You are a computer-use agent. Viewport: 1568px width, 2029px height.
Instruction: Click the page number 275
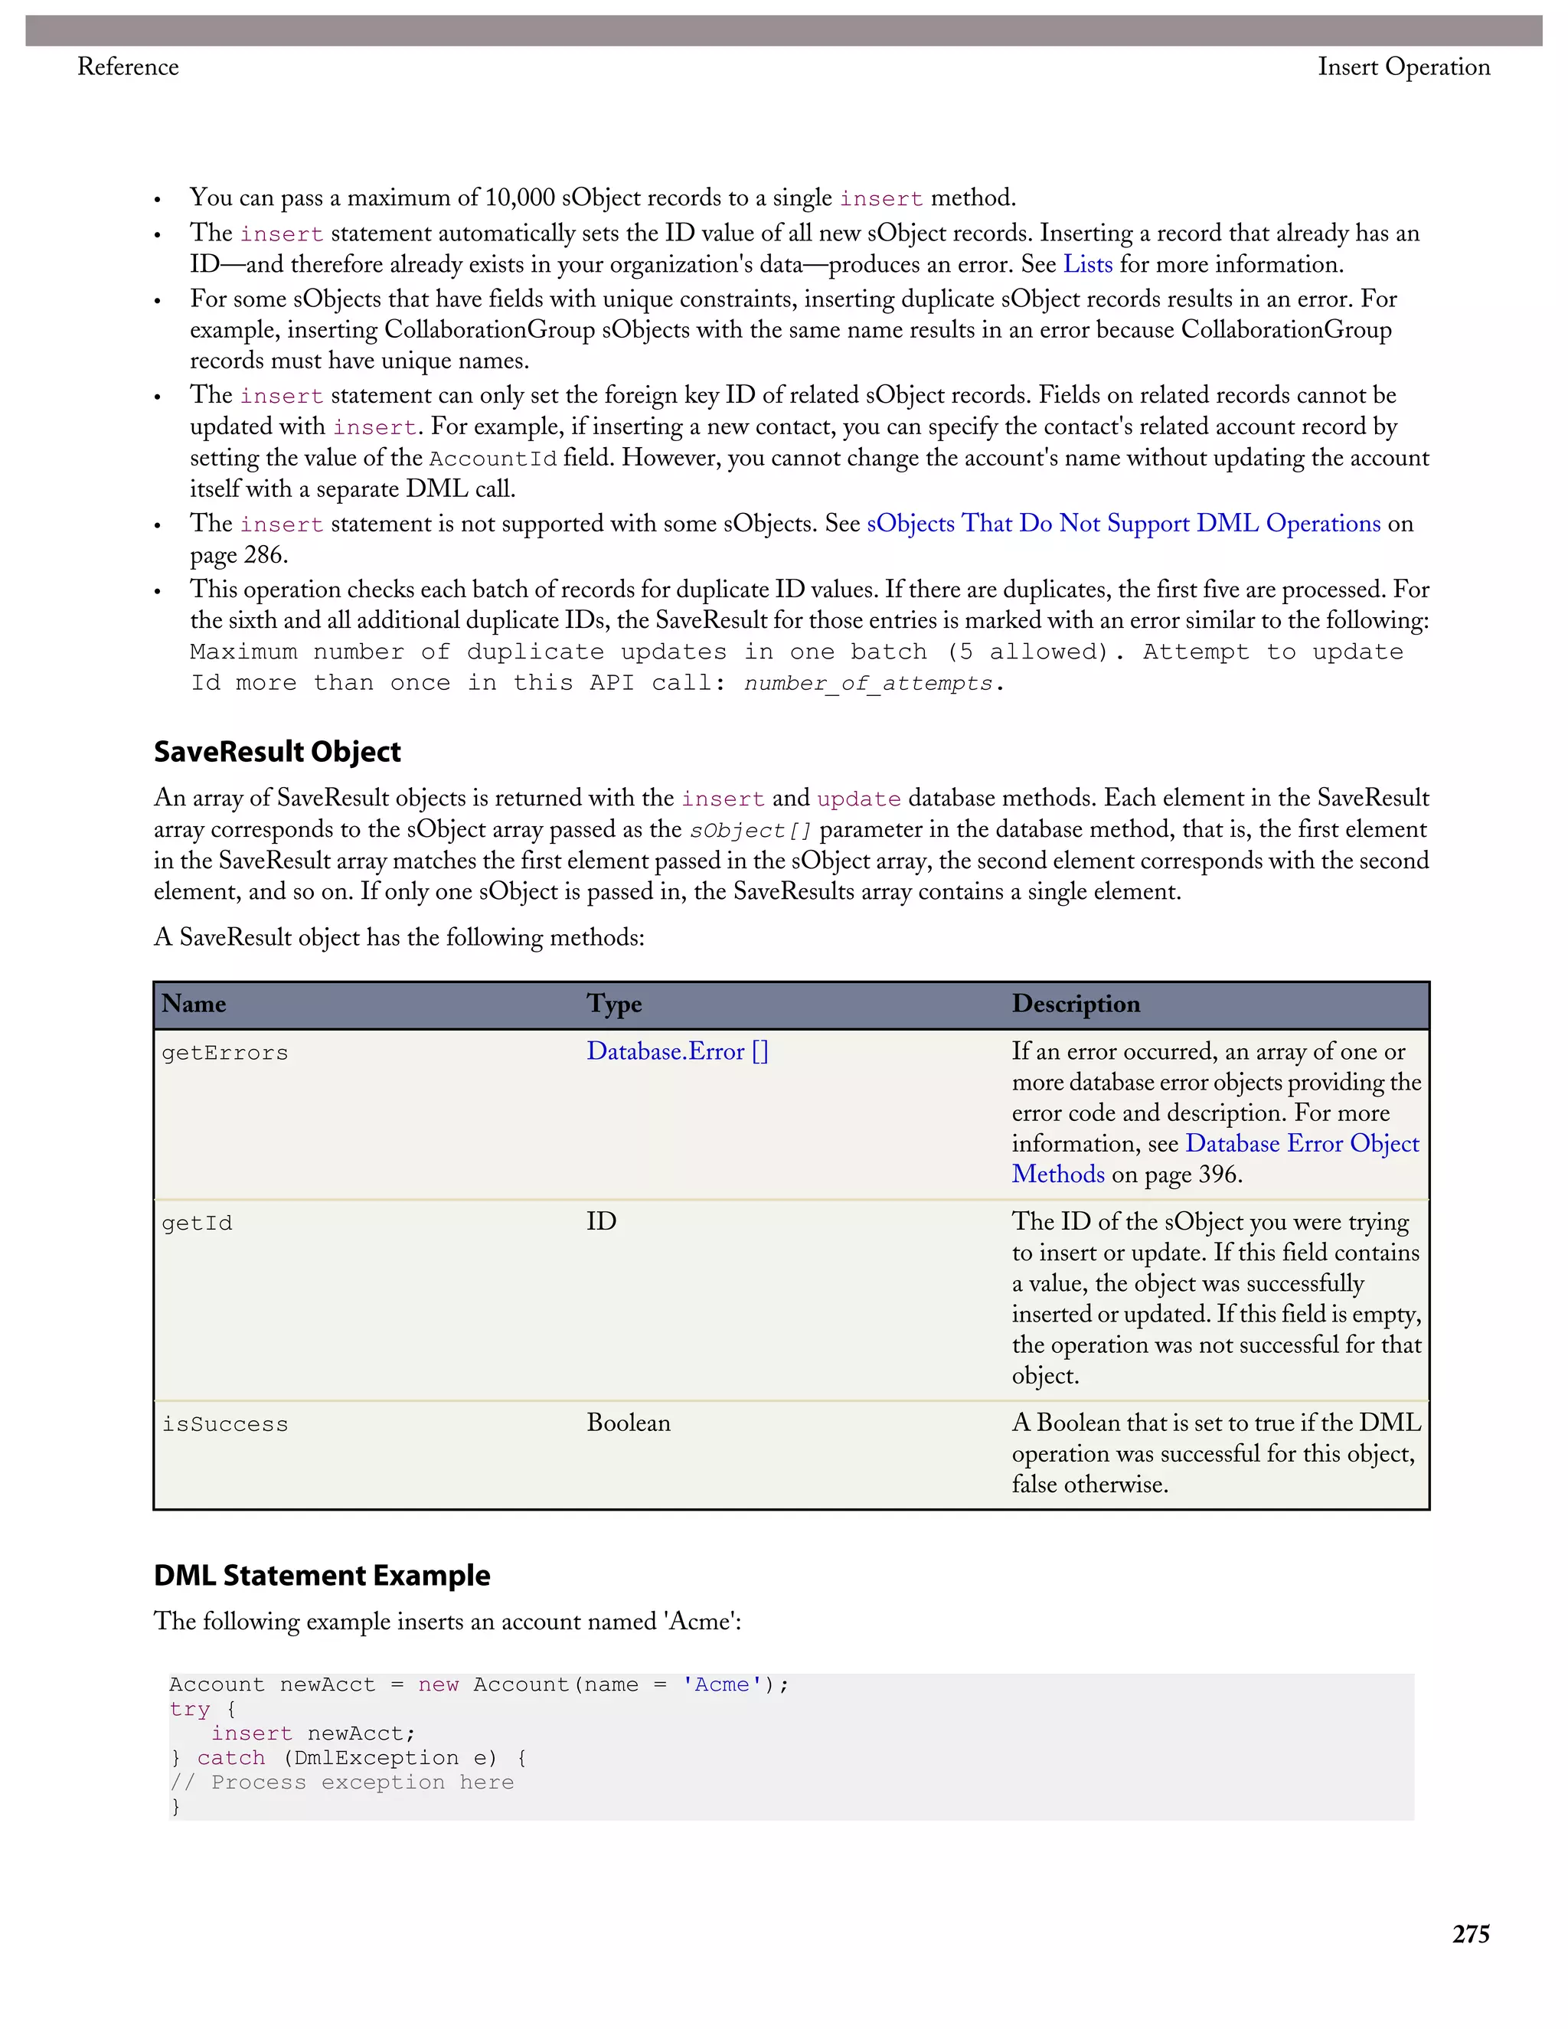point(1471,1933)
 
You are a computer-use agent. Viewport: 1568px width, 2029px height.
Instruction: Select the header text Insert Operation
point(1403,67)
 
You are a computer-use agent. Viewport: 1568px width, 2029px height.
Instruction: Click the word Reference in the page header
point(128,67)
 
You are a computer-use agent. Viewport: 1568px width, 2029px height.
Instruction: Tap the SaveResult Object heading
point(277,752)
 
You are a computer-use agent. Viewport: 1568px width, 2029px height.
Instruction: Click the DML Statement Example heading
point(322,1575)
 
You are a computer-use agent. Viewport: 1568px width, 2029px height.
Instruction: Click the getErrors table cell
point(225,1053)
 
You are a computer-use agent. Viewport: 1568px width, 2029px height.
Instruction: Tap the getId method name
point(197,1223)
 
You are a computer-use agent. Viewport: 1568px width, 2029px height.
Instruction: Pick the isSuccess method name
point(225,1424)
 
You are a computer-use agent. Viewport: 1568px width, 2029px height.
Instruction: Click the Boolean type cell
point(628,1423)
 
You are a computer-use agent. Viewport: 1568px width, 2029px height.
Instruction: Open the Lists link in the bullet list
point(1088,265)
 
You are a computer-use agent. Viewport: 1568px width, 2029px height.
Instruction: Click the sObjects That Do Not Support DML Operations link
point(1123,524)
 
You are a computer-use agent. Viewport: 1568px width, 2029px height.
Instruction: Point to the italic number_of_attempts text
point(868,684)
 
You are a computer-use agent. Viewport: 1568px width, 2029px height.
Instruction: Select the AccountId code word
point(492,459)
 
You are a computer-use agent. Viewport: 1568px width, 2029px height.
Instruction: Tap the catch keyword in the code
point(230,1758)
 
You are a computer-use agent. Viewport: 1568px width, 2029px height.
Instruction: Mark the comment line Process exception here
point(341,1782)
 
